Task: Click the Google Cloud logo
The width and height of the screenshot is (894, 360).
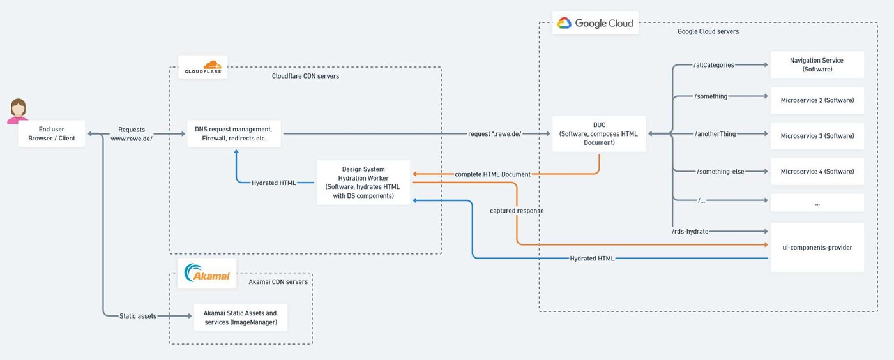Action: [x=595, y=23]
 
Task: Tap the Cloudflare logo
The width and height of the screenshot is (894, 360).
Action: [x=203, y=67]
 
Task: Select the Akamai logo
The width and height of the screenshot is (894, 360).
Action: [x=207, y=273]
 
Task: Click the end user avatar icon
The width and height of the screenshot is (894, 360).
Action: [x=18, y=111]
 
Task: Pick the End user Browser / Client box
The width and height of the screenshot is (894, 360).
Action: [x=52, y=133]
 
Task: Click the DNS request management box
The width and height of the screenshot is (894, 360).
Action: [x=234, y=133]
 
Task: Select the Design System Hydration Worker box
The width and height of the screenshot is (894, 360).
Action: [x=363, y=183]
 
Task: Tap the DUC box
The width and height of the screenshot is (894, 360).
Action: [x=599, y=133]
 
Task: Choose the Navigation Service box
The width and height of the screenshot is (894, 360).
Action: [x=817, y=64]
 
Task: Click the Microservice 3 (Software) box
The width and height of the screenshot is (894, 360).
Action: [x=817, y=136]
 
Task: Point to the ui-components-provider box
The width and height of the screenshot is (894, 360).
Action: [x=817, y=248]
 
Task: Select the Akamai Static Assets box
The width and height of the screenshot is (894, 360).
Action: [x=240, y=318]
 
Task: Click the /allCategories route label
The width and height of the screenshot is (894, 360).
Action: [x=714, y=65]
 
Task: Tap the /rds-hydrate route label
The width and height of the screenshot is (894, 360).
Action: [x=690, y=232]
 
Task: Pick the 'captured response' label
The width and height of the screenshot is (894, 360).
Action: [x=517, y=211]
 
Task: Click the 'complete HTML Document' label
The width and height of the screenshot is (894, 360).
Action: [x=492, y=174]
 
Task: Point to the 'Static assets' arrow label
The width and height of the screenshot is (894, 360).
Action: [x=138, y=316]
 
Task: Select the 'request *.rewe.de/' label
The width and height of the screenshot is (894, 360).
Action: [x=494, y=134]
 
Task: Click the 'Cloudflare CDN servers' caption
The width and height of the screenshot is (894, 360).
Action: [x=305, y=76]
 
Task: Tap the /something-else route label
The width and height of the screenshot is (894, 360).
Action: [x=720, y=172]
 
